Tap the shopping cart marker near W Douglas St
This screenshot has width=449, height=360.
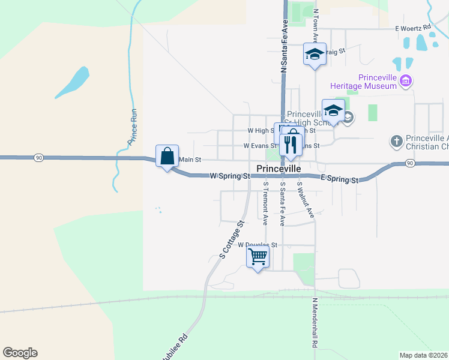258,257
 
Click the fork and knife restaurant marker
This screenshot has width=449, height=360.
291,144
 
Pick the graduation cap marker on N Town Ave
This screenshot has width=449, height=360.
314,55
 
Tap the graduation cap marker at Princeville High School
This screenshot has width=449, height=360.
333,110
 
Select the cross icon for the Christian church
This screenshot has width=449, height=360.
396,141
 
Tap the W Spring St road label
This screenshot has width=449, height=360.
229,176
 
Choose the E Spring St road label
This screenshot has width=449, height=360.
339,179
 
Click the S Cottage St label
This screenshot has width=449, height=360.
231,239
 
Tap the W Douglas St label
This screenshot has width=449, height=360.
258,245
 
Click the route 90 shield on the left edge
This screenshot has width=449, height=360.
39,157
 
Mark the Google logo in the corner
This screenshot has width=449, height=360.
20,353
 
